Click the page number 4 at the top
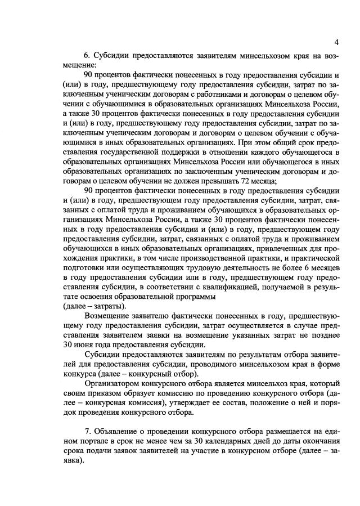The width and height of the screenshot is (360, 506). coord(336,43)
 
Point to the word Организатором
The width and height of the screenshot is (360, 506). coord(115,383)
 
